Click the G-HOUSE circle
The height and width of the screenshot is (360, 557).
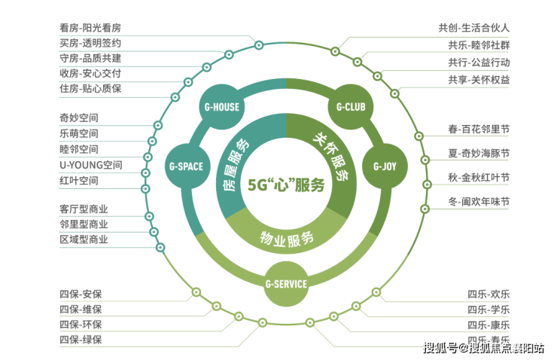pos(221,107)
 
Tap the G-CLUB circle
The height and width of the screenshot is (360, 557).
pos(351,107)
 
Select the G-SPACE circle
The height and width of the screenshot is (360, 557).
pos(187,166)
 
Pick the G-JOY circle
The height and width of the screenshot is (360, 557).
pos(385,166)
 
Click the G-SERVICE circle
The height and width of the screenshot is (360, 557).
pos(286,284)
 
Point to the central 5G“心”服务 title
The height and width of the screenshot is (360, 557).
pos(286,185)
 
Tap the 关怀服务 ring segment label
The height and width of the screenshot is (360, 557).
pos(331,157)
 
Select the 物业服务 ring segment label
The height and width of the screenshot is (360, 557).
pos(287,239)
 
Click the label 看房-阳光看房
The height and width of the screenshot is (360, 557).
pos(90,28)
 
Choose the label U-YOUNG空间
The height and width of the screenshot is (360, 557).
pos(91,165)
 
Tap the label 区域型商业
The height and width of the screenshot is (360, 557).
pos(84,239)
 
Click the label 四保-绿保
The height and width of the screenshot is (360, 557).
pos(81,340)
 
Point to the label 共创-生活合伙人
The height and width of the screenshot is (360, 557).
pos(474,28)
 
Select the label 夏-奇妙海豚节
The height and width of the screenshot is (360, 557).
pos(479,154)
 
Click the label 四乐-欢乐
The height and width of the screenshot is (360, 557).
pos(489,294)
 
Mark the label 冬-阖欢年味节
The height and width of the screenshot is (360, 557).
pos(479,202)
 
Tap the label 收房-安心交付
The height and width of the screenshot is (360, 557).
pos(90,73)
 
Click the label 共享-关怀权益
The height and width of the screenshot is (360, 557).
pos(479,80)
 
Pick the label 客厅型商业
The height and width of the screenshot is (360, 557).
pos(84,209)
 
